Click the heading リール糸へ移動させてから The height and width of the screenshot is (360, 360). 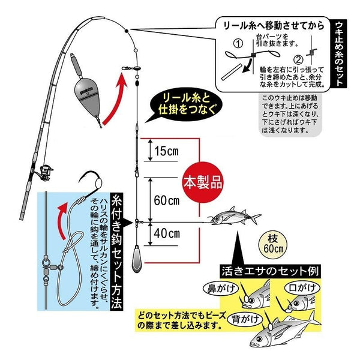(274, 26)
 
